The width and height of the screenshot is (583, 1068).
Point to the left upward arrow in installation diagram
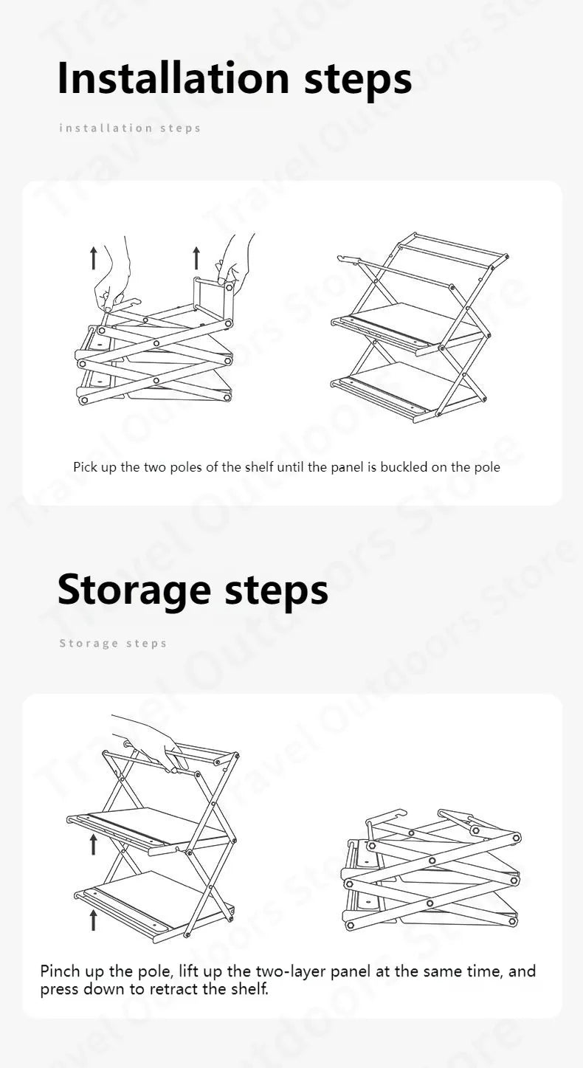point(94,258)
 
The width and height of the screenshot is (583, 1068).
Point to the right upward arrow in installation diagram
point(196,258)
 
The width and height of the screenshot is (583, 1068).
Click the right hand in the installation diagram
point(236,258)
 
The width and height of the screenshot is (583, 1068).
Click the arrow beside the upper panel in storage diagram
point(94,844)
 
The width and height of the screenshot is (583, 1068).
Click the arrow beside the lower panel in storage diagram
point(94,920)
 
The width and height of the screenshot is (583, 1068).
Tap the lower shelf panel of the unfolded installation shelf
point(410,384)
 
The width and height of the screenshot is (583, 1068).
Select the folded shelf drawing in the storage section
point(432,871)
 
